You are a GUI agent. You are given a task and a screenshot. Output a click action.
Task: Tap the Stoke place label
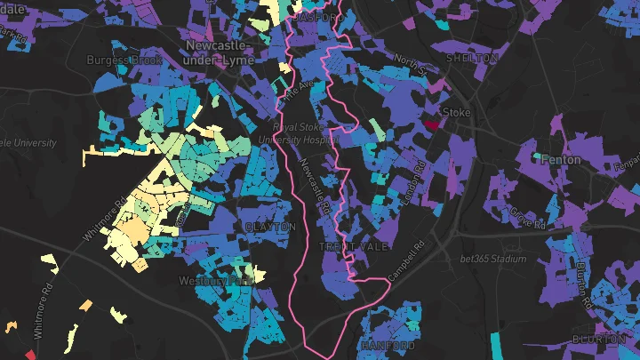(x=457, y=113)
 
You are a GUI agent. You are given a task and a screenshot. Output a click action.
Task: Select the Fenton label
(x=560, y=160)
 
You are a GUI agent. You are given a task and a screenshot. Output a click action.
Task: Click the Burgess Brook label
(x=123, y=60)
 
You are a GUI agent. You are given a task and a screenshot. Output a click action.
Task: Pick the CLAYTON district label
(x=270, y=228)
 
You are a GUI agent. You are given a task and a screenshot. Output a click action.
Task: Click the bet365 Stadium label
(x=494, y=259)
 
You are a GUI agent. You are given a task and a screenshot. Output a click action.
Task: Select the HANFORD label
(x=388, y=344)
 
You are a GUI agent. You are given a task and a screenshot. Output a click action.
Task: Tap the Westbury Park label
(x=216, y=280)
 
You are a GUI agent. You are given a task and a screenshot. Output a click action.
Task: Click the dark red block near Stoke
(x=432, y=125)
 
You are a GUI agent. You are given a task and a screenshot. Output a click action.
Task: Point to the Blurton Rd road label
(x=584, y=284)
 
